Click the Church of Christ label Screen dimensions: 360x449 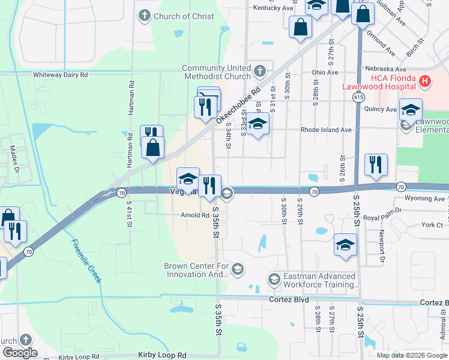[184, 16]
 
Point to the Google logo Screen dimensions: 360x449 [19, 353]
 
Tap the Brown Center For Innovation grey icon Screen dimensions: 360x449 [238, 268]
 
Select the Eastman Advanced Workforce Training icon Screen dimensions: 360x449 [274, 279]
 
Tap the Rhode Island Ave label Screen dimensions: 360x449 [326, 130]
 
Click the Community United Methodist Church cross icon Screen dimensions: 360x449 [259, 72]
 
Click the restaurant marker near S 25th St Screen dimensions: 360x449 [376, 164]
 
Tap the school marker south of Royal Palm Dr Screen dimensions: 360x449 [346, 244]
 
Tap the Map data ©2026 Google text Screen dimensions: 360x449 [412, 355]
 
